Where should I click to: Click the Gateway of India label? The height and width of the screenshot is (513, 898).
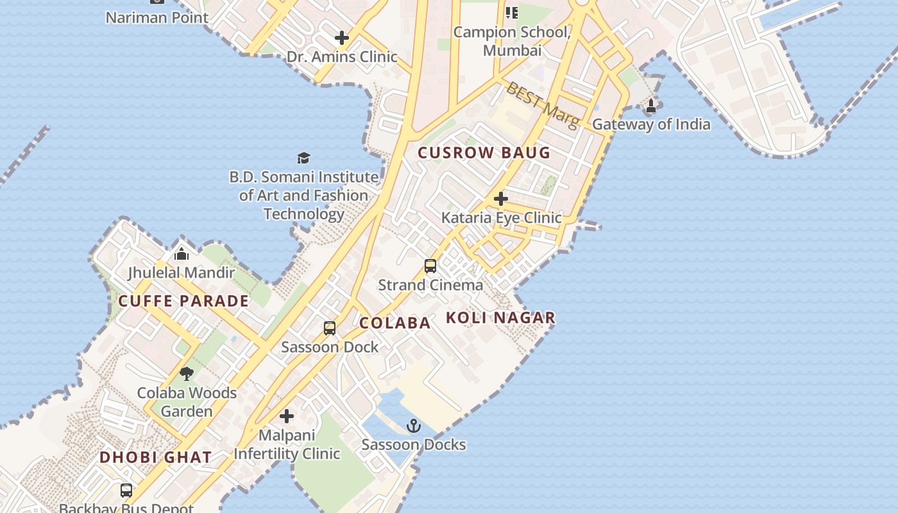[x=651, y=124]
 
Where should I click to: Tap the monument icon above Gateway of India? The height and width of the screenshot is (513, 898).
[x=651, y=106]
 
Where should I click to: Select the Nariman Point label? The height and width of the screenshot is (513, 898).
[x=157, y=17]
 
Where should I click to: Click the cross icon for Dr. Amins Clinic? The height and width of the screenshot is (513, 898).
[x=342, y=38]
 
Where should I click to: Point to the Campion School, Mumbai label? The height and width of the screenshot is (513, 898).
[x=512, y=40]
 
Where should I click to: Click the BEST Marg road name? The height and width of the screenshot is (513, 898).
[x=542, y=104]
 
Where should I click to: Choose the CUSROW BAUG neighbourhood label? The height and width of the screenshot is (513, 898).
[x=484, y=153]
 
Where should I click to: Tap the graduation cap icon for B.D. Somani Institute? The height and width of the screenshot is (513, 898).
[x=303, y=158]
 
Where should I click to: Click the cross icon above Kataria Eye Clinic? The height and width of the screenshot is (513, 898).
[x=501, y=199]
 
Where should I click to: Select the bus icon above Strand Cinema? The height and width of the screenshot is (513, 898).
[x=430, y=266]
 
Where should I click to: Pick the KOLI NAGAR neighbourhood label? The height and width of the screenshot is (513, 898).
[x=500, y=317]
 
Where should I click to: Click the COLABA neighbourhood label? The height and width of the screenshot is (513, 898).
[x=394, y=323]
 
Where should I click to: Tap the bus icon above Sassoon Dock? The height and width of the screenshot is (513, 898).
[x=330, y=328]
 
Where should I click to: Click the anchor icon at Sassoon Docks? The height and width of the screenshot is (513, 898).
[x=414, y=426]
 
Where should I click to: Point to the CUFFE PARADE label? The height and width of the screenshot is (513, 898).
[x=183, y=301]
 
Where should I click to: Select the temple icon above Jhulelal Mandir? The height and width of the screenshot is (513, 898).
[x=182, y=254]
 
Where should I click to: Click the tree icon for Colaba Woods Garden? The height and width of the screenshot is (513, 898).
[x=187, y=374]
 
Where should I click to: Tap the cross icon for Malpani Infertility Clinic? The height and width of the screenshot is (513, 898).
[x=287, y=417]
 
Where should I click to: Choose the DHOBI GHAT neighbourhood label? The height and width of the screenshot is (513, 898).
[x=155, y=457]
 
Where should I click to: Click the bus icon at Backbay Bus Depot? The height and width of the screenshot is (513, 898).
[x=126, y=491]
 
